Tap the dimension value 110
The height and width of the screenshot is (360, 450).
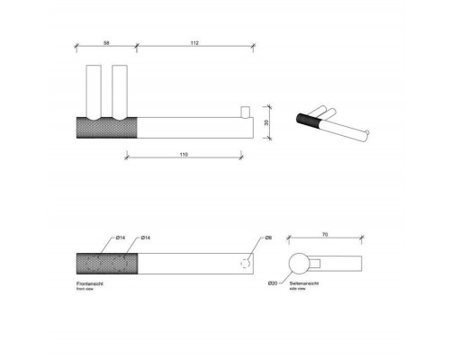(x=183, y=156)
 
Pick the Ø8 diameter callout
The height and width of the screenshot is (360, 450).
(x=268, y=238)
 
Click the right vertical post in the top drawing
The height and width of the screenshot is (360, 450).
(x=120, y=88)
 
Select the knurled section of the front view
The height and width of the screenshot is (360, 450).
(x=107, y=265)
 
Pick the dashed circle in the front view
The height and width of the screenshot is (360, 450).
(x=245, y=265)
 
